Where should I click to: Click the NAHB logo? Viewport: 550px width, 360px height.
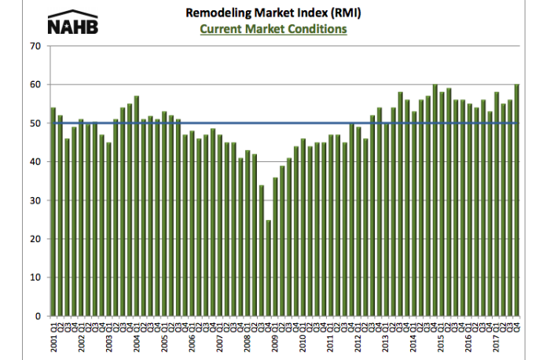click(73, 22)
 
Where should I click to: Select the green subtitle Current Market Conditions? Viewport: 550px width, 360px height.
click(273, 29)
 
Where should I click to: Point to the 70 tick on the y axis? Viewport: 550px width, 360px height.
click(35, 46)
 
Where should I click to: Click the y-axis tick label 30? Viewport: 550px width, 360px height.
click(35, 200)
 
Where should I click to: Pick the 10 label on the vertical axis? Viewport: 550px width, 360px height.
click(35, 277)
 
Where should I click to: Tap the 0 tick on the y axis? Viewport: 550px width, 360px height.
click(38, 316)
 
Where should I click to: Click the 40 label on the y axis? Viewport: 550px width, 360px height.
click(35, 162)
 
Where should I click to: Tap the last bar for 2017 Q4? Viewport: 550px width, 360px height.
click(516, 200)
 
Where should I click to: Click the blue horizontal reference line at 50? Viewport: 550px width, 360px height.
click(314, 123)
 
